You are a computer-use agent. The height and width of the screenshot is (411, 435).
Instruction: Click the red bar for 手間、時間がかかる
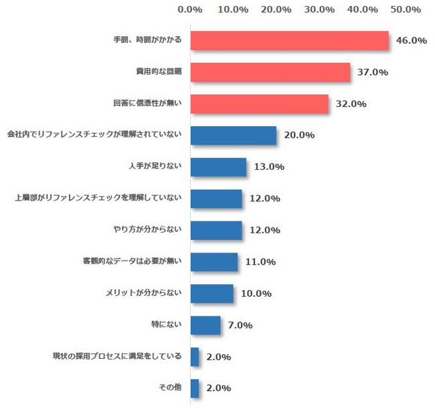[289, 41]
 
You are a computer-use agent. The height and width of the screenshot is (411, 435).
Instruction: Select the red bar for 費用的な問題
[270, 72]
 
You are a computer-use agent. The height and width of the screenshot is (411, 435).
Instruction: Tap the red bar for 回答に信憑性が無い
[260, 104]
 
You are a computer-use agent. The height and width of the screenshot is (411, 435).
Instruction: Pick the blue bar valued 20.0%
[234, 136]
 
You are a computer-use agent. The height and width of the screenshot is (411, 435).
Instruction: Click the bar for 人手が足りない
[218, 167]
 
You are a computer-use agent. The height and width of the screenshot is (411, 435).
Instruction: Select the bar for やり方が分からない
[216, 230]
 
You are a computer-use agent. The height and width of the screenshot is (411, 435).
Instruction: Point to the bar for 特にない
[205, 325]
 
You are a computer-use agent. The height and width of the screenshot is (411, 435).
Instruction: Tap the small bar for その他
[195, 388]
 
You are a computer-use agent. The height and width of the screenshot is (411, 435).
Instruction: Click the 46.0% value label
[412, 41]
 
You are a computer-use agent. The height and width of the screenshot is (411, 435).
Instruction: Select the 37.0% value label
[373, 72]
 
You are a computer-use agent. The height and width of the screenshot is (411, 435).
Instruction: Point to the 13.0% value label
[269, 167]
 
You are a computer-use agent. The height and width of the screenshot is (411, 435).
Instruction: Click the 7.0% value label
[240, 325]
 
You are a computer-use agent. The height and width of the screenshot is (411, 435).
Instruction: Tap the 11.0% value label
[260, 262]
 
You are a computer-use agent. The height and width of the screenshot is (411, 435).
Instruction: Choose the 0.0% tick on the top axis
[191, 10]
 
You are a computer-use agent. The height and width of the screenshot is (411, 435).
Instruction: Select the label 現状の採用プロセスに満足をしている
[117, 356]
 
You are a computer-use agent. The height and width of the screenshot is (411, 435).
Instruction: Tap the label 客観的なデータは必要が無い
[132, 262]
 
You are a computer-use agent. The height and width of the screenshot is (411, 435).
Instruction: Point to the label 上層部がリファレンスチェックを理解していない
[98, 198]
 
